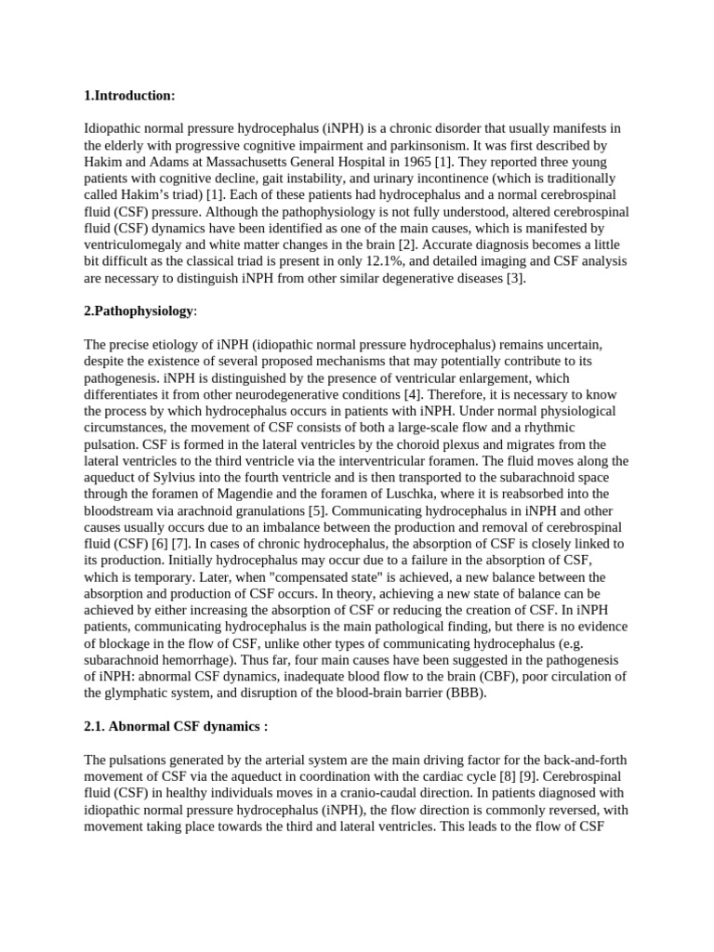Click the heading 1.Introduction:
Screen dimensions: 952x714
coord(129,96)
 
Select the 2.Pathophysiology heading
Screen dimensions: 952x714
coord(139,311)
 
